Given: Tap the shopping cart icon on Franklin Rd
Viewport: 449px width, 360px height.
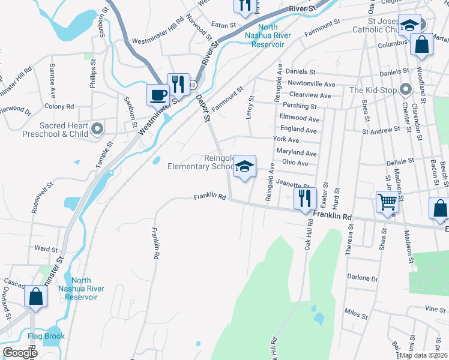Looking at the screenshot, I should [x=387, y=202].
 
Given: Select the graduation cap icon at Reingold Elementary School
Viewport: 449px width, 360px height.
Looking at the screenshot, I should [x=244, y=166].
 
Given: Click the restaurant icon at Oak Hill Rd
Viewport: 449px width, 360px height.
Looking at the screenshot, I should [x=306, y=196].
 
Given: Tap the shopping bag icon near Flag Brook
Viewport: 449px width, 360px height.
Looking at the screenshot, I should [x=35, y=296].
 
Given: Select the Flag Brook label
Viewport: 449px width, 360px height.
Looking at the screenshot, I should [x=46, y=336].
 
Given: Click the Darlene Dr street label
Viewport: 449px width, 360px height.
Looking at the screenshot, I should [x=363, y=278].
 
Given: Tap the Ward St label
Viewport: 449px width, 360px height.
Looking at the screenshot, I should [x=46, y=248].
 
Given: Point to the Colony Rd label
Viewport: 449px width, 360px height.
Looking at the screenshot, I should [x=63, y=106].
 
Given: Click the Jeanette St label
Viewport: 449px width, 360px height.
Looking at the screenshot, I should [x=293, y=185].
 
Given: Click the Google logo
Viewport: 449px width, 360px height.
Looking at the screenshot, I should [x=20, y=353].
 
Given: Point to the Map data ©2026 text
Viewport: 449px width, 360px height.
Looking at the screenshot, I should [x=423, y=355].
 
